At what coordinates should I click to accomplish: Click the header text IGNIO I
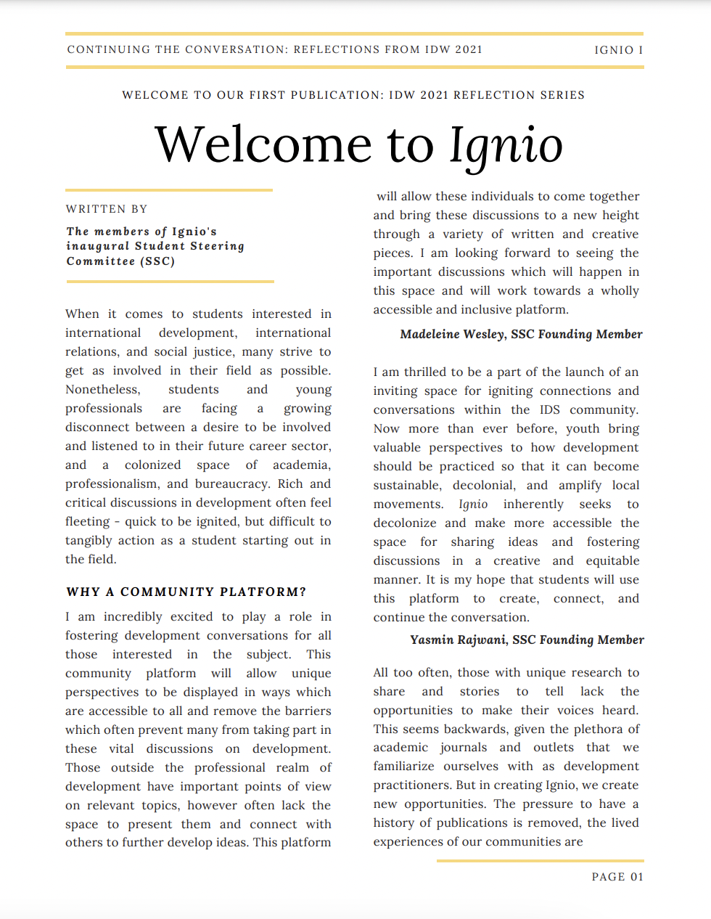click(618, 50)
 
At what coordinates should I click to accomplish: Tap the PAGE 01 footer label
click(617, 877)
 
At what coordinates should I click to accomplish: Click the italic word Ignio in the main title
click(506, 144)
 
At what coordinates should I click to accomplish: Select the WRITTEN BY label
click(107, 209)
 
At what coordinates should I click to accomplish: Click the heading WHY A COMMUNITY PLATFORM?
click(186, 592)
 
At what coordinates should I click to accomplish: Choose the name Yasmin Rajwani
click(458, 640)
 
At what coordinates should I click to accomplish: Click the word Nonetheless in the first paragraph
click(102, 389)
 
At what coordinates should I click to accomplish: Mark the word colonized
click(152, 465)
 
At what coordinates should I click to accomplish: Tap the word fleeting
click(87, 521)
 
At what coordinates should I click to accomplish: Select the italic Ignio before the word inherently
click(473, 504)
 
